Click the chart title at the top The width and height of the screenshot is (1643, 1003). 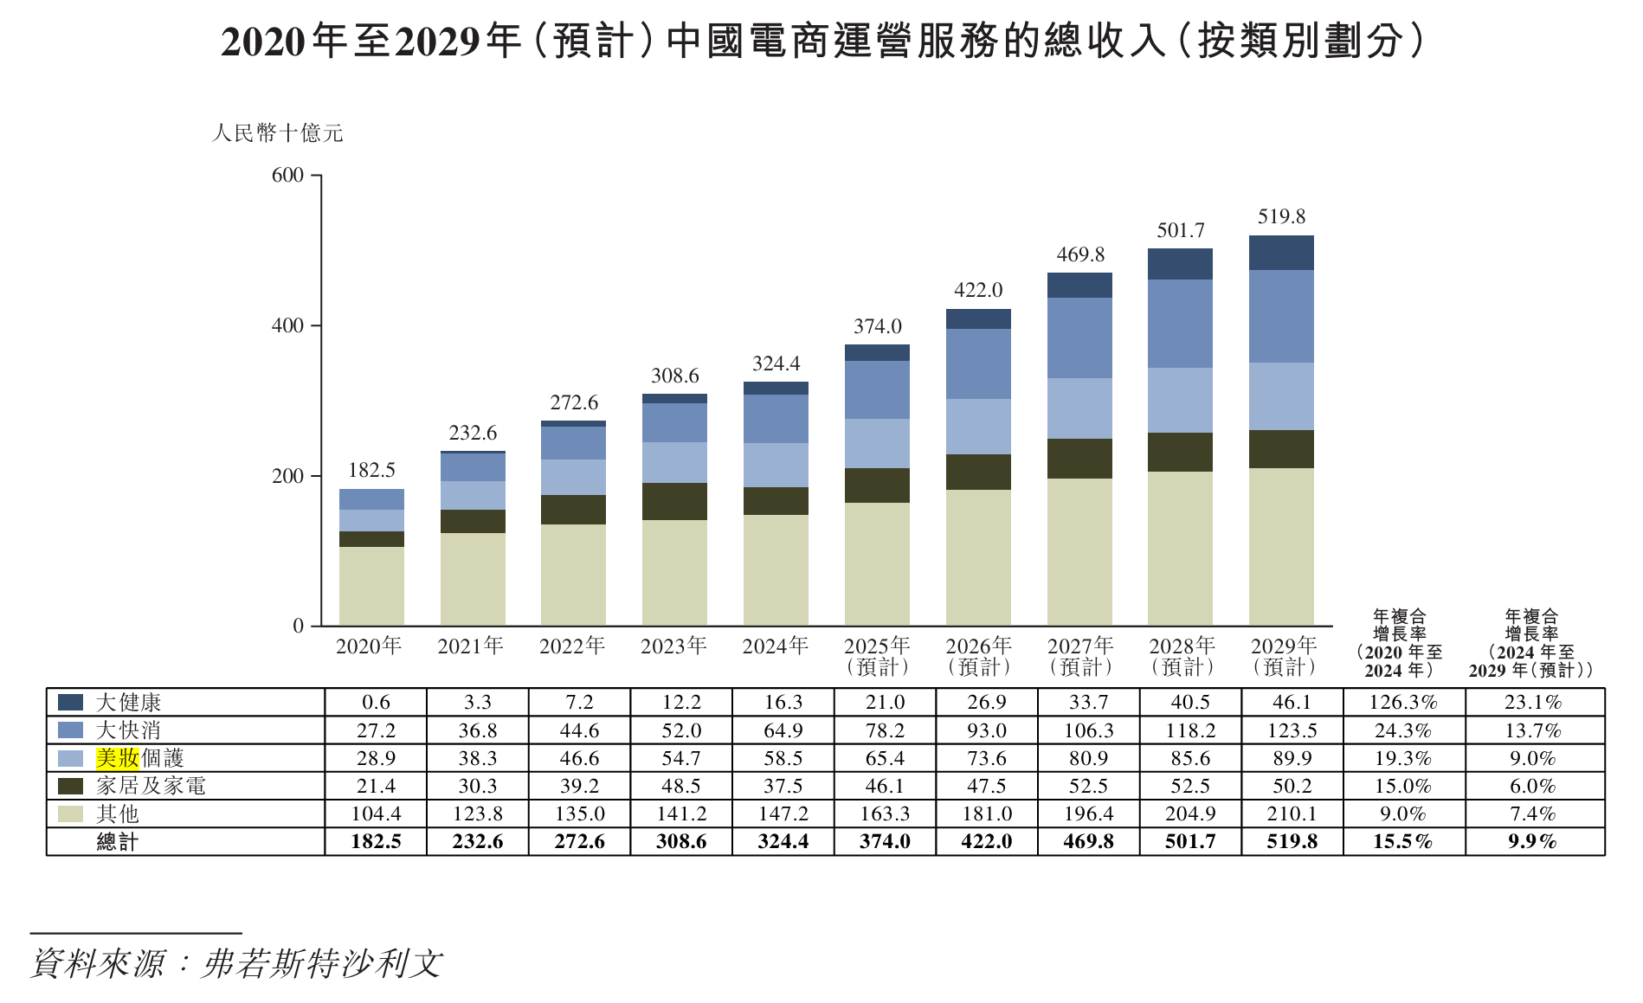pyautogui.click(x=821, y=41)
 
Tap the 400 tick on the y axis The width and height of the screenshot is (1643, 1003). pyautogui.click(x=287, y=326)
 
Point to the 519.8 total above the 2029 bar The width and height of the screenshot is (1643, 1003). pyautogui.click(x=1281, y=216)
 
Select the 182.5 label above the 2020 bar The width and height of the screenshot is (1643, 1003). pyautogui.click(x=371, y=470)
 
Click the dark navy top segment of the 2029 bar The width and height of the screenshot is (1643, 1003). pyautogui.click(x=1281, y=253)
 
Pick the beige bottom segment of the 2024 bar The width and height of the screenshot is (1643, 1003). pyautogui.click(x=776, y=569)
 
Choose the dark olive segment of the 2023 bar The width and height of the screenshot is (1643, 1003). pyautogui.click(x=674, y=501)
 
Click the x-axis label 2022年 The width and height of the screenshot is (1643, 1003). pyautogui.click(x=572, y=646)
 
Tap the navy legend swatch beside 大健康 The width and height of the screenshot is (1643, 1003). pyautogui.click(x=70, y=702)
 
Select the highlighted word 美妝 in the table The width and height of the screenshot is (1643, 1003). pyautogui.click(x=118, y=758)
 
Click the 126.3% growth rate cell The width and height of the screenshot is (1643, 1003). pyautogui.click(x=1402, y=702)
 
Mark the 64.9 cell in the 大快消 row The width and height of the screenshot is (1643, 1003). pyautogui.click(x=783, y=730)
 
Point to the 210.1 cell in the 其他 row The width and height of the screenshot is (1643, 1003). pyautogui.click(x=1292, y=813)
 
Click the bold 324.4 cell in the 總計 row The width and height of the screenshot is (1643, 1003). pyautogui.click(x=783, y=841)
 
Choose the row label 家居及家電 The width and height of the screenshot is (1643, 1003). pyautogui.click(x=151, y=786)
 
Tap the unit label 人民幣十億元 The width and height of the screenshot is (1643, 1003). pyautogui.click(x=277, y=133)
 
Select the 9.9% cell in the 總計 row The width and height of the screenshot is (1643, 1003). pyautogui.click(x=1532, y=841)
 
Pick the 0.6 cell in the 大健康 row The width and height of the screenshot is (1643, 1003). pyautogui.click(x=376, y=702)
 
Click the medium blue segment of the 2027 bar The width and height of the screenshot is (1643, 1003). pyautogui.click(x=1079, y=338)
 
